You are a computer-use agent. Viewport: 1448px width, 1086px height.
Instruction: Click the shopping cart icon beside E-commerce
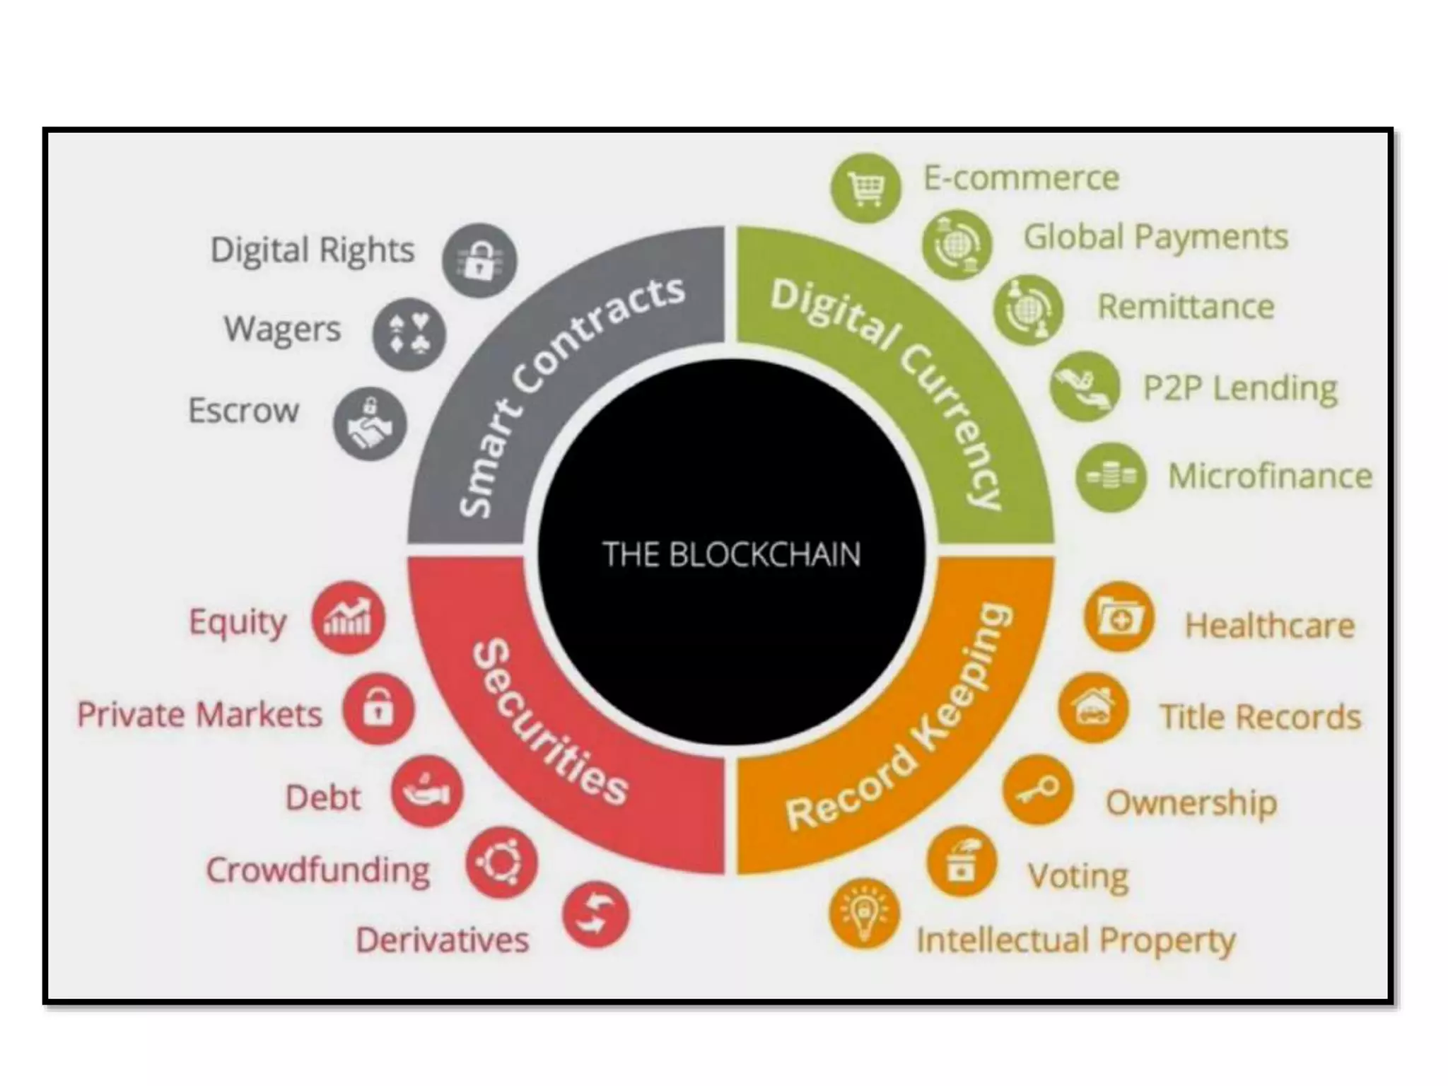[866, 188]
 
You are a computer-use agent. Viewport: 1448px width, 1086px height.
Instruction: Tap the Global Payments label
[1155, 237]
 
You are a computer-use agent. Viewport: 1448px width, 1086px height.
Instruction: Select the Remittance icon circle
[1028, 310]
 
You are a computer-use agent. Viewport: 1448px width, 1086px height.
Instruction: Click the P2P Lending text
[1240, 388]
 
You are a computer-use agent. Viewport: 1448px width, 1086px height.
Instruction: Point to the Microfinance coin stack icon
[1111, 477]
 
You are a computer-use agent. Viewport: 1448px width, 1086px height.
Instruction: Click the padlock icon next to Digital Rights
[479, 260]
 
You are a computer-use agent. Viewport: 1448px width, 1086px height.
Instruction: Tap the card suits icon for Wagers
[409, 334]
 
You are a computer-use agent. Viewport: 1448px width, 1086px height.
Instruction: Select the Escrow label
[243, 411]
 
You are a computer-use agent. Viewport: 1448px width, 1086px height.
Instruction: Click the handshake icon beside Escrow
[370, 424]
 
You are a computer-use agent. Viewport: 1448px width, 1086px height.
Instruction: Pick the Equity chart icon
[348, 618]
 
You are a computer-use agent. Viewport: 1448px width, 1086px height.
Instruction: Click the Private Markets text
[199, 714]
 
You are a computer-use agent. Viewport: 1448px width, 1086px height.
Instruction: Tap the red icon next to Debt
[427, 791]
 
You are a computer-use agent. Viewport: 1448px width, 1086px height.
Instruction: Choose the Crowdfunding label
[317, 870]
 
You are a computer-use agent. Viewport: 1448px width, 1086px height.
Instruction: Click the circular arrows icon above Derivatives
[595, 914]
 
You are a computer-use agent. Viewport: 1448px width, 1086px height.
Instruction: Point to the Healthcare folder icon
[1119, 617]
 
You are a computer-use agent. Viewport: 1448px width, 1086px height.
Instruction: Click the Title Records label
[1260, 717]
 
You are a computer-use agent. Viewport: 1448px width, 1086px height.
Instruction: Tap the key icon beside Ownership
[1037, 790]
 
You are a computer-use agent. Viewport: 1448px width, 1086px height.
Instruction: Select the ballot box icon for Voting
[962, 862]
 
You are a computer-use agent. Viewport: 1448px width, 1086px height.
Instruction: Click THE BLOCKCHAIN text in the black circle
[731, 554]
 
